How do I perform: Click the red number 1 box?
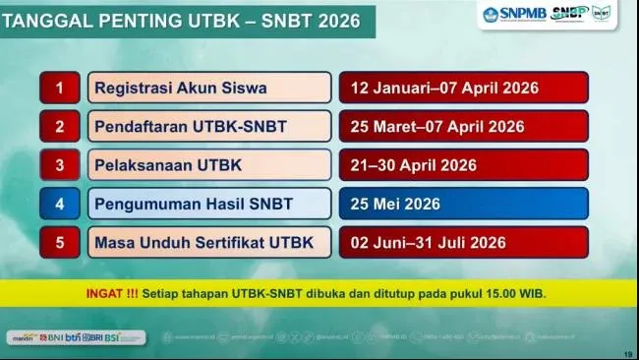coord(60,88)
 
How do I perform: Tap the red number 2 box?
coord(60,126)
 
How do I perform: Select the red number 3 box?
coord(60,164)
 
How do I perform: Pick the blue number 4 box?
coord(60,204)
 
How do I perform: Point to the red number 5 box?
coord(60,242)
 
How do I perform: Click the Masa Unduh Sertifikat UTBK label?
coord(208,242)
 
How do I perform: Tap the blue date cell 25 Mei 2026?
coord(463,204)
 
